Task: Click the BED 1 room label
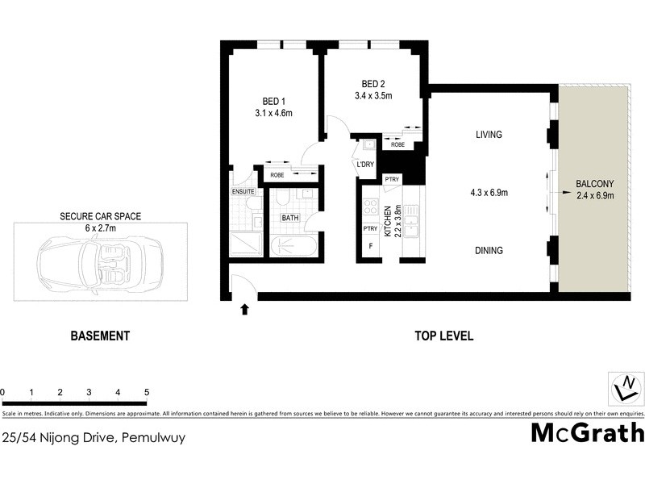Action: [274, 101]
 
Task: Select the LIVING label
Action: [489, 135]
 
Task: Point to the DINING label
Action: [489, 251]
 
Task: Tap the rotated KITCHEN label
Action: [388, 219]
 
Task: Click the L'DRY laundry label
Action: [365, 165]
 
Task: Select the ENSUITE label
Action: [243, 192]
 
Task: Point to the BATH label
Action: [289, 218]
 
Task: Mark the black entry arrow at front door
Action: [244, 308]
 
